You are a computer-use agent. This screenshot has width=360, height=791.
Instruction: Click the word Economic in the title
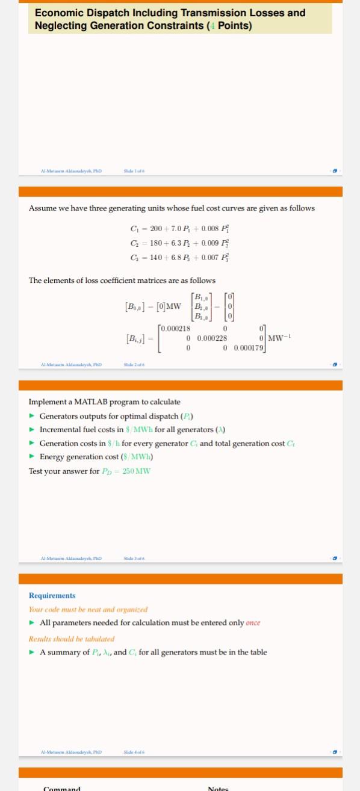(60, 13)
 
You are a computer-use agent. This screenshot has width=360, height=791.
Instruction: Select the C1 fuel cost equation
(180, 229)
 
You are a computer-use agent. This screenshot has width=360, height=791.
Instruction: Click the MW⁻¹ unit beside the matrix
(280, 338)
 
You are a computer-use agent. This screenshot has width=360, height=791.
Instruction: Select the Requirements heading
(52, 595)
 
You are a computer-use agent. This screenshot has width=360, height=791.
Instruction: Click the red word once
(253, 622)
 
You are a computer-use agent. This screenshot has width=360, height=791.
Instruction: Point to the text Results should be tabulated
(72, 639)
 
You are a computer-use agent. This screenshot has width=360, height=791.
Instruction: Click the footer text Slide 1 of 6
(134, 171)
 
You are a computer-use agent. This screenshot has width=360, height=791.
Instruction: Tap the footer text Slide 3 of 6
(134, 559)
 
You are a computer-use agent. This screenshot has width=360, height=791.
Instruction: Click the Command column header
(61, 788)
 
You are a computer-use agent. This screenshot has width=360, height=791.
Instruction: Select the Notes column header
(218, 788)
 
